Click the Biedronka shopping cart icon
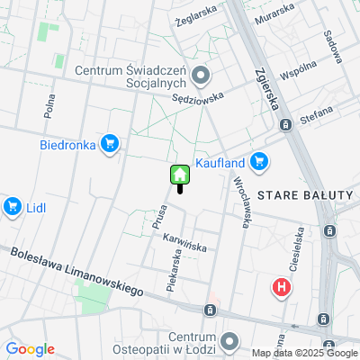(110, 143)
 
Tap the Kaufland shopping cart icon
(260, 161)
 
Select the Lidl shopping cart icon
(13, 207)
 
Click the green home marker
(179, 175)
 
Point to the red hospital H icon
(282, 289)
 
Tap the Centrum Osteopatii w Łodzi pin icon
(229, 341)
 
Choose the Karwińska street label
(185, 240)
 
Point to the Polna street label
(49, 106)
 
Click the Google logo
(30, 349)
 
